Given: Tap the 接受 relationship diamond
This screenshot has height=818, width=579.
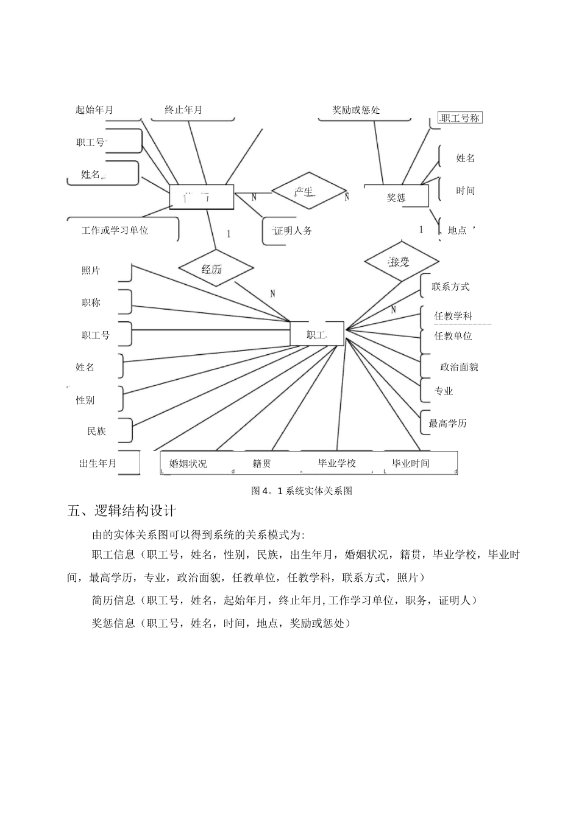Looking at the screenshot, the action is point(401,262).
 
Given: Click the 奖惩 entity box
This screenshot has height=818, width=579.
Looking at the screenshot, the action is point(396,197).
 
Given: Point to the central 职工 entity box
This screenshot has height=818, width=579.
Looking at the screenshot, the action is point(317,334).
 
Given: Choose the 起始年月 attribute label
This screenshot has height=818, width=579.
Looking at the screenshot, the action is point(94,110).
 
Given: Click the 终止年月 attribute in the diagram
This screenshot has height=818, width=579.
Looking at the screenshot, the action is point(183,110).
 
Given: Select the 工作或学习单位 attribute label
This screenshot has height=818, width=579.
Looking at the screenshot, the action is point(115,230).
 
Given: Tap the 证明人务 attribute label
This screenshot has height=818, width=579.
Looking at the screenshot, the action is point(293,231).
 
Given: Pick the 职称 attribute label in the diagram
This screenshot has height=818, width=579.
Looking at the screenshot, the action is point(91,302).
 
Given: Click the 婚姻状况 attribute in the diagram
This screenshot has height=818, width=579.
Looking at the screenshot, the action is point(188,463).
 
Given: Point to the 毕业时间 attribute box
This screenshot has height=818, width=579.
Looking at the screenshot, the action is point(411,463).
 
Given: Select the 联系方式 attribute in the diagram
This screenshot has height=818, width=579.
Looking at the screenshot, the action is point(450,287).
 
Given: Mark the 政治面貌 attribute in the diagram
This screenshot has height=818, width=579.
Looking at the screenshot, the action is point(459,366).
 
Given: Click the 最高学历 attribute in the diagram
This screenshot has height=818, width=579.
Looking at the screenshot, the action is point(448,423).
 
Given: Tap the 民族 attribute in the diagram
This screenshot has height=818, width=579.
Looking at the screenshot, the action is point(96,431).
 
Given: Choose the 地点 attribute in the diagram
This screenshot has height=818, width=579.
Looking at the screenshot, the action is point(457,230).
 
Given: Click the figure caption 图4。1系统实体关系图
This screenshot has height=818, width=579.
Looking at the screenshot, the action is point(302,491).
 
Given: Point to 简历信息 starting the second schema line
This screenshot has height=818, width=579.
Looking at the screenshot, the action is point(113,601).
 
